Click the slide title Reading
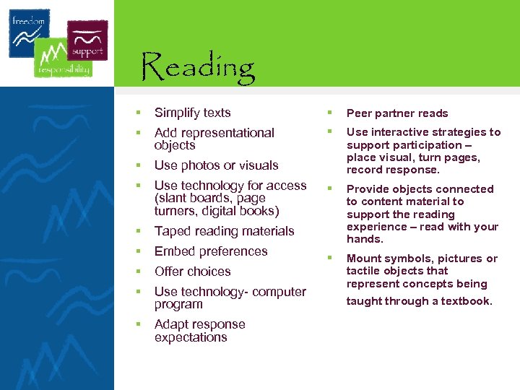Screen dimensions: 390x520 198,67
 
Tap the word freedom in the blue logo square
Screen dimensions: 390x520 27,21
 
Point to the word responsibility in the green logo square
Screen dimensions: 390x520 64,70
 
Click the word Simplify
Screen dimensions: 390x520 178,113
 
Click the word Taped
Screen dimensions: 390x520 171,231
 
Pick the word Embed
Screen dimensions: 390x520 173,251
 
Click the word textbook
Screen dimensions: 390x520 467,301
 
